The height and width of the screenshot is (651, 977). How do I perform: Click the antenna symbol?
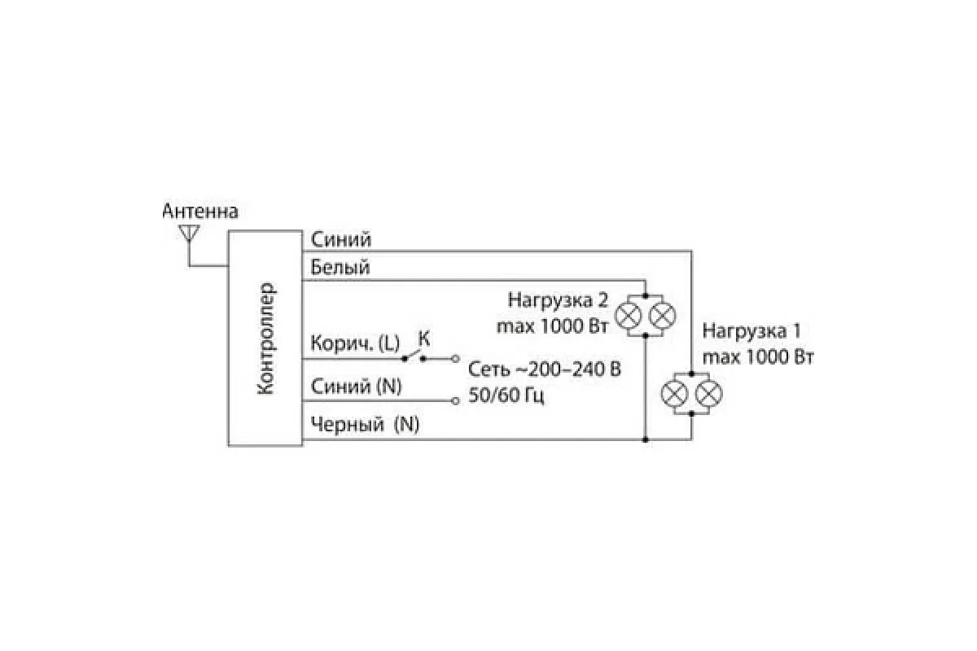[x=189, y=234]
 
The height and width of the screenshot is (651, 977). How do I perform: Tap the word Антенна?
[x=200, y=212]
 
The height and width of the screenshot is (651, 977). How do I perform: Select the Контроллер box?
[x=265, y=338]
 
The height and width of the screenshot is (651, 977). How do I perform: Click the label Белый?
[x=340, y=267]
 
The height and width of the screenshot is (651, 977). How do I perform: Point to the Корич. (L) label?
[x=355, y=344]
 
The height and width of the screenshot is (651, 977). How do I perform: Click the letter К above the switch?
[x=423, y=337]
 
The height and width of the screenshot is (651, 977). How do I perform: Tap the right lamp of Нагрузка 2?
[x=662, y=314]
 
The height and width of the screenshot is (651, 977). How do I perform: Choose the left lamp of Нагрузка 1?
[x=674, y=394]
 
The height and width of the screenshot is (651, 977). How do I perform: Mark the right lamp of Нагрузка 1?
[x=708, y=394]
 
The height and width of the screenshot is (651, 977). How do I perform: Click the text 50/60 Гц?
[x=506, y=396]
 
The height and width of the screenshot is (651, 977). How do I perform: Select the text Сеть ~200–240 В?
[x=544, y=370]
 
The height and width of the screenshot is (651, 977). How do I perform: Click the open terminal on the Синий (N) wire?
[x=455, y=400]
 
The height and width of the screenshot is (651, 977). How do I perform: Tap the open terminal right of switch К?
[x=455, y=358]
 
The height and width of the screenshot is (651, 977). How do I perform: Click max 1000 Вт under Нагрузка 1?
[x=758, y=356]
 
